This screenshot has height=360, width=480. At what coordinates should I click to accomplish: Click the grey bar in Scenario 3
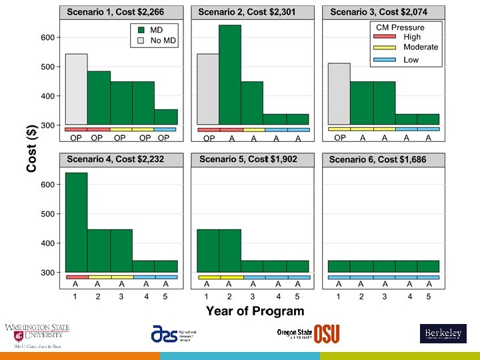click(x=339, y=93)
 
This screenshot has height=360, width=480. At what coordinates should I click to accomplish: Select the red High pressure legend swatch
click(x=385, y=37)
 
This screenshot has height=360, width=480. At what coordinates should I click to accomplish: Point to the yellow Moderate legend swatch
click(x=385, y=48)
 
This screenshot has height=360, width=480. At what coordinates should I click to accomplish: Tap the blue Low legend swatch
click(x=385, y=60)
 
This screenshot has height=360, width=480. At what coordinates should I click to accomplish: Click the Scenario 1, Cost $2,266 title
click(x=115, y=12)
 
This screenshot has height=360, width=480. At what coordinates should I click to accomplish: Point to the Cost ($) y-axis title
click(x=31, y=147)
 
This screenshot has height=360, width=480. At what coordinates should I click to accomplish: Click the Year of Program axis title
click(x=255, y=311)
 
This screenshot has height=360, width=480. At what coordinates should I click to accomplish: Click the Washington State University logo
click(x=37, y=335)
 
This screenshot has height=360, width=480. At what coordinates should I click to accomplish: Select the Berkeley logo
click(x=443, y=333)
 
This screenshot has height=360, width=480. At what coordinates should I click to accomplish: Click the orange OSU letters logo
click(x=327, y=333)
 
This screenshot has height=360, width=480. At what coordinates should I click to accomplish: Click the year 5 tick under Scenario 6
click(x=429, y=296)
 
